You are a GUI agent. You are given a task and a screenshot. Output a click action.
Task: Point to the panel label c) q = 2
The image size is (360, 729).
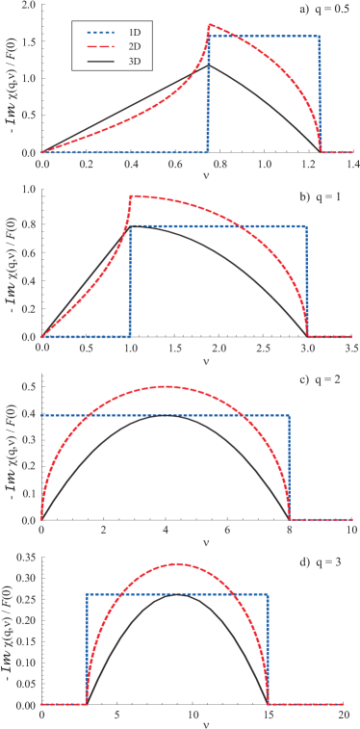point(331,378)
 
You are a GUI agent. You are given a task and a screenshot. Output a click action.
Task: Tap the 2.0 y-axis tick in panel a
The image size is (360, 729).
point(30,7)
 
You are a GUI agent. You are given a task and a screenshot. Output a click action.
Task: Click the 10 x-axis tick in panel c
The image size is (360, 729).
point(351,530)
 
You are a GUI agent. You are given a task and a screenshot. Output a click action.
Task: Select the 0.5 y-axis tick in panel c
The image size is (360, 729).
point(30,387)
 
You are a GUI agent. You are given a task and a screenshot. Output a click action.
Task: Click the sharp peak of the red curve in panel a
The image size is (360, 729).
point(210,25)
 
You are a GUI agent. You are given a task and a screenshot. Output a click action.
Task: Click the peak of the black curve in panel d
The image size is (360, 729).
point(177,594)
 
